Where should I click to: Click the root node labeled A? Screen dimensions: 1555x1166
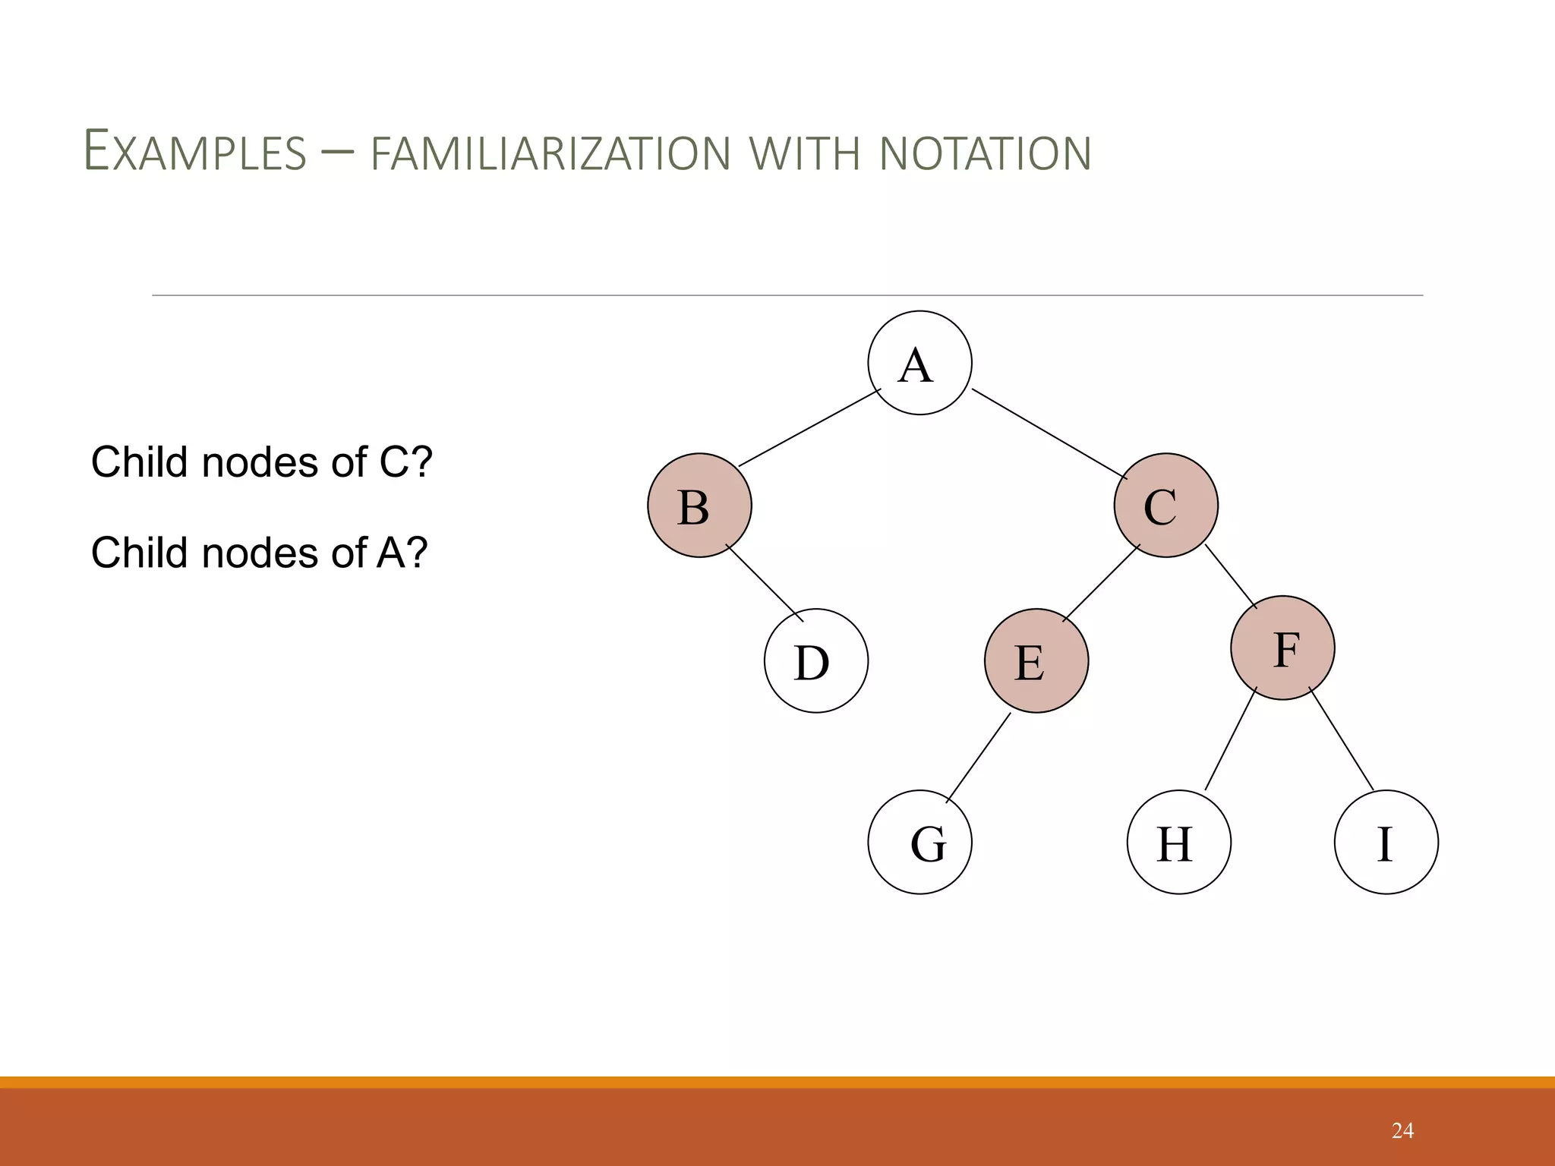(919, 363)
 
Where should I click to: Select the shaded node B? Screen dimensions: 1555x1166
(699, 506)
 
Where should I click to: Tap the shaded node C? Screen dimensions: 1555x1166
(1165, 506)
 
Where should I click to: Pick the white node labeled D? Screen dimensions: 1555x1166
(815, 660)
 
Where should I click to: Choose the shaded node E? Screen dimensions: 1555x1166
(1036, 660)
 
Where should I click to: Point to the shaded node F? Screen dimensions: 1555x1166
(1282, 648)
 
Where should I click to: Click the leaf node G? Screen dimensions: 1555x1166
(919, 842)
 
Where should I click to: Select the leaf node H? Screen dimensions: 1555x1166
(1178, 842)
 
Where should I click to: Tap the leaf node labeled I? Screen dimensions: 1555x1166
(1386, 842)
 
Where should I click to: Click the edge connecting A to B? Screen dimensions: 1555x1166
(809, 427)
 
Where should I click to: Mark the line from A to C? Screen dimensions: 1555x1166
(1049, 433)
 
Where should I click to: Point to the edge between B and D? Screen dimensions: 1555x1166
(765, 583)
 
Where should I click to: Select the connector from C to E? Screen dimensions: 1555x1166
(1101, 583)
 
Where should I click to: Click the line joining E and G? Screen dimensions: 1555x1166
(979, 757)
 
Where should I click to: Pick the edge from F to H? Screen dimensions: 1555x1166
(1231, 739)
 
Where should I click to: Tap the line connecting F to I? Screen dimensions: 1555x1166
(1342, 739)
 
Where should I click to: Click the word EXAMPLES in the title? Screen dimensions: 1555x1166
(194, 152)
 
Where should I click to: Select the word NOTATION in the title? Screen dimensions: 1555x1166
(985, 154)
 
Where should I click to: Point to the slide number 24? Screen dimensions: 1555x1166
(1402, 1130)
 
